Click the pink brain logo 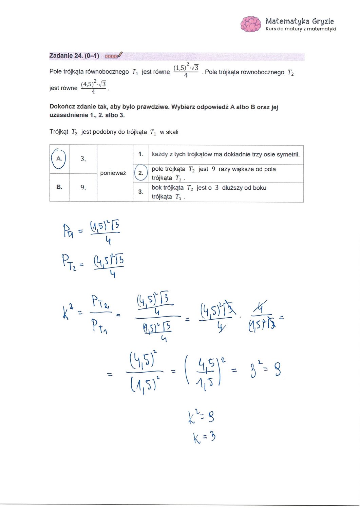tap(251, 24)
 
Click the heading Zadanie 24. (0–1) tap(74, 56)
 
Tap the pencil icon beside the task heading tap(120, 55)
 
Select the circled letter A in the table tap(59, 158)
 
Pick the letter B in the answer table tap(59, 187)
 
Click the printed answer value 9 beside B tap(82, 187)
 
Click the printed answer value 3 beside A tap(82, 158)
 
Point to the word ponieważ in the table tap(113, 173)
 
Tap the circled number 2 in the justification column tap(141, 173)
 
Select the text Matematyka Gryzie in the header tap(300, 21)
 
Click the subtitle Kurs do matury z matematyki tap(301, 29)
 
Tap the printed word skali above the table tap(172, 132)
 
